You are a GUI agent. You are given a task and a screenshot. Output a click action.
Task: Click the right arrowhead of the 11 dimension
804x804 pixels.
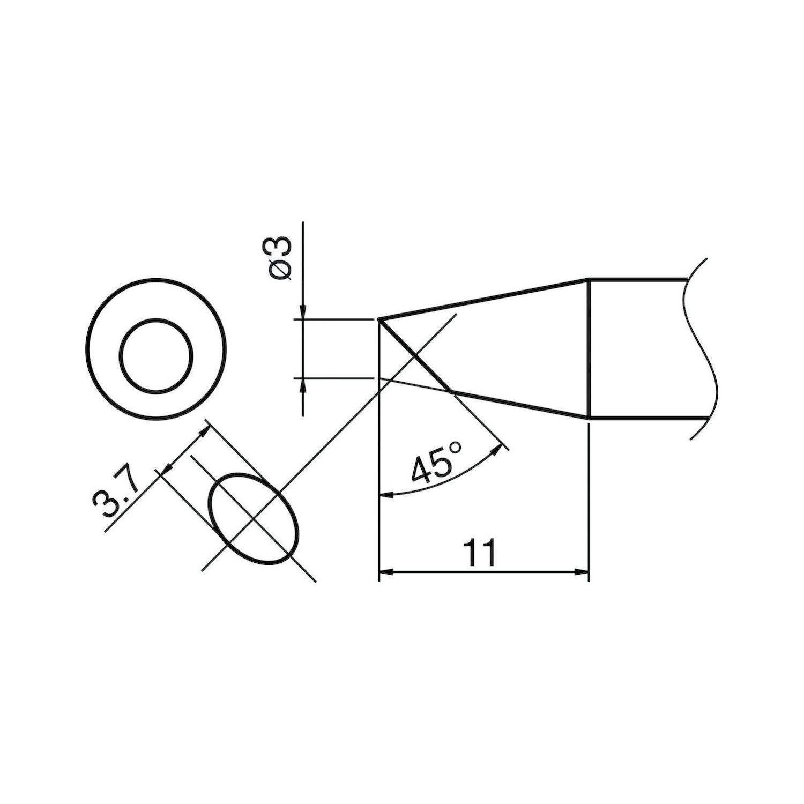coord(582,572)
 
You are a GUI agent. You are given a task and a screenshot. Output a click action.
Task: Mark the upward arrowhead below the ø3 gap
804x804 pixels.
coord(303,385)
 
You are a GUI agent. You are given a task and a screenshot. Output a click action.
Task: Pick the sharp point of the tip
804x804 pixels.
coord(379,320)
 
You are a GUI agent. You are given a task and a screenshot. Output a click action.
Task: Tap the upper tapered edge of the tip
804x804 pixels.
coord(482,299)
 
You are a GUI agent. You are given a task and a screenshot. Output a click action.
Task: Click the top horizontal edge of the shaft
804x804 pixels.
coord(638,279)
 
